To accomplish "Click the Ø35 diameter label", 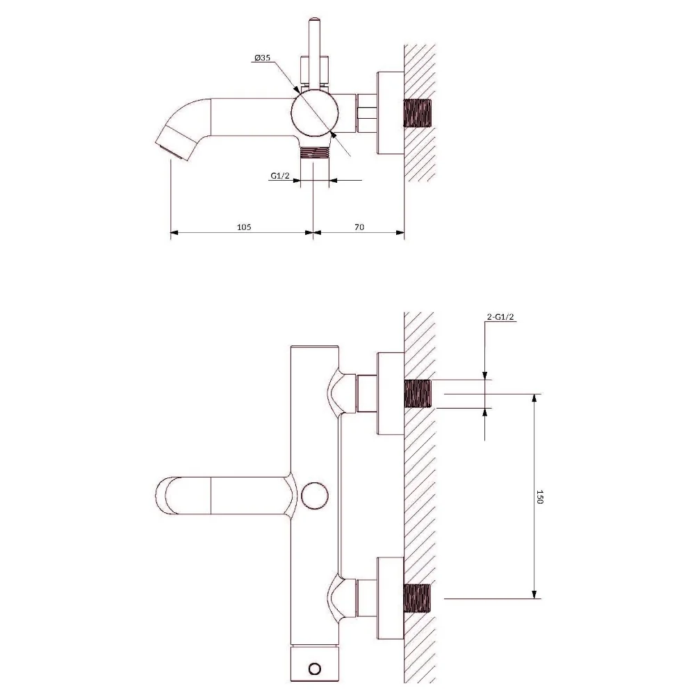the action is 263,58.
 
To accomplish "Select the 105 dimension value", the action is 244,227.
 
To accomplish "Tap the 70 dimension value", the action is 359,227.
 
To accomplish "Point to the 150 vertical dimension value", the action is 539,496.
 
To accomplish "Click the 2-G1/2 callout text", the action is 500,317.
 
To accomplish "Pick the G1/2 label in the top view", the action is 279,176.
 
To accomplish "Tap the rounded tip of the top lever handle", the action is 314,20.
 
